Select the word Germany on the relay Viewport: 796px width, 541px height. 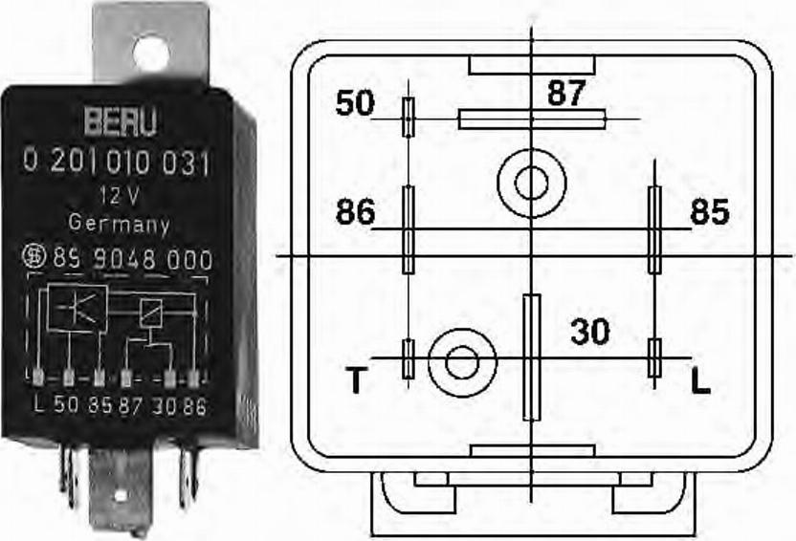click(120, 226)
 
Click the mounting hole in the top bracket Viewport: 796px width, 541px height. click(151, 51)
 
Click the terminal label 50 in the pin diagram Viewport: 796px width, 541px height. click(355, 103)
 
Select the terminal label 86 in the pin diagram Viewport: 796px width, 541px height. click(355, 211)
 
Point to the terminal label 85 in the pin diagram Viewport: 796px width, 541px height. click(709, 211)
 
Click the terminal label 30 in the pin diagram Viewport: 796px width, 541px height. click(589, 332)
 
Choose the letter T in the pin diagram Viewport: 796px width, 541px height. click(355, 382)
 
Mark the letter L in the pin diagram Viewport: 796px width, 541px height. click(701, 382)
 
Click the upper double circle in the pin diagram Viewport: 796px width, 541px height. click(531, 182)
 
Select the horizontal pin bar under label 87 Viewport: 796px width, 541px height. click(532, 119)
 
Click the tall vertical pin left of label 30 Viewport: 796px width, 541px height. click(531, 357)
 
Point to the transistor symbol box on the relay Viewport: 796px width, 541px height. click(77, 307)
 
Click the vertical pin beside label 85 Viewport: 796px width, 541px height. click(654, 229)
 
